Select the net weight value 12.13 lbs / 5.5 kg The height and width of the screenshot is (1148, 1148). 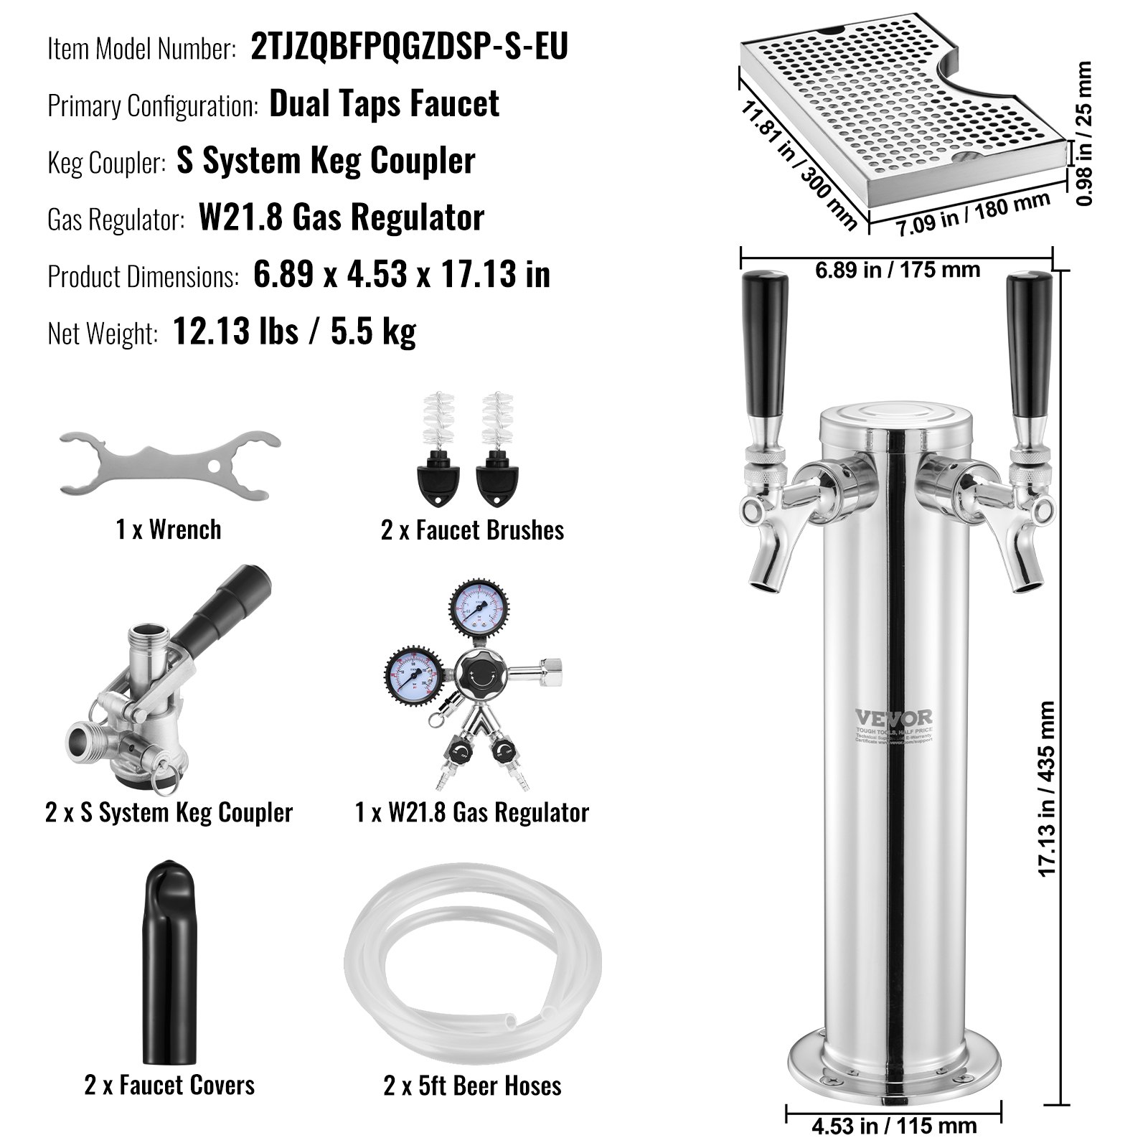point(294,331)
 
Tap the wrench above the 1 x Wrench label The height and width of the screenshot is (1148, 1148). point(169,464)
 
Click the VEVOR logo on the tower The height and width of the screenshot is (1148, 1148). point(893,717)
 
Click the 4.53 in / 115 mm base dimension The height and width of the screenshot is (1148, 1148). point(894,1125)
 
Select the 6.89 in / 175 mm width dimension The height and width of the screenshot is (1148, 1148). point(897,270)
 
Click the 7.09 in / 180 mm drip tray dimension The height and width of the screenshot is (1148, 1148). point(973,215)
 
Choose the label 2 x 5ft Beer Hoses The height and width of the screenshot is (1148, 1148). point(472,1086)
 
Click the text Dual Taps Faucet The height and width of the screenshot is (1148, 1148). point(384,104)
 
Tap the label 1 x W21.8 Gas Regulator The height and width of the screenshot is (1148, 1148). point(472,812)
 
